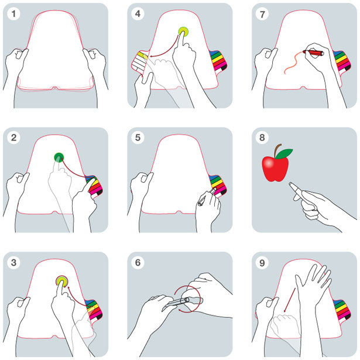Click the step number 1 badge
(13, 14)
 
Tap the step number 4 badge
(138, 14)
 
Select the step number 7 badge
(262, 14)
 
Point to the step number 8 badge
(262, 138)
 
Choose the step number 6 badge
(138, 262)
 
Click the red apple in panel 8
(275, 168)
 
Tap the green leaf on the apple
(284, 153)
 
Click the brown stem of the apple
(277, 150)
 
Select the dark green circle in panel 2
(59, 157)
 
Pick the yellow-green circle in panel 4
(183, 32)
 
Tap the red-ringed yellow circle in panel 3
(62, 281)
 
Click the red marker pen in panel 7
(313, 53)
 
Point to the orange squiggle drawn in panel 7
(294, 63)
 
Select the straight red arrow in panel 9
(290, 300)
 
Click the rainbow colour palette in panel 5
(218, 185)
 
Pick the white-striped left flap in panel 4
(139, 63)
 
